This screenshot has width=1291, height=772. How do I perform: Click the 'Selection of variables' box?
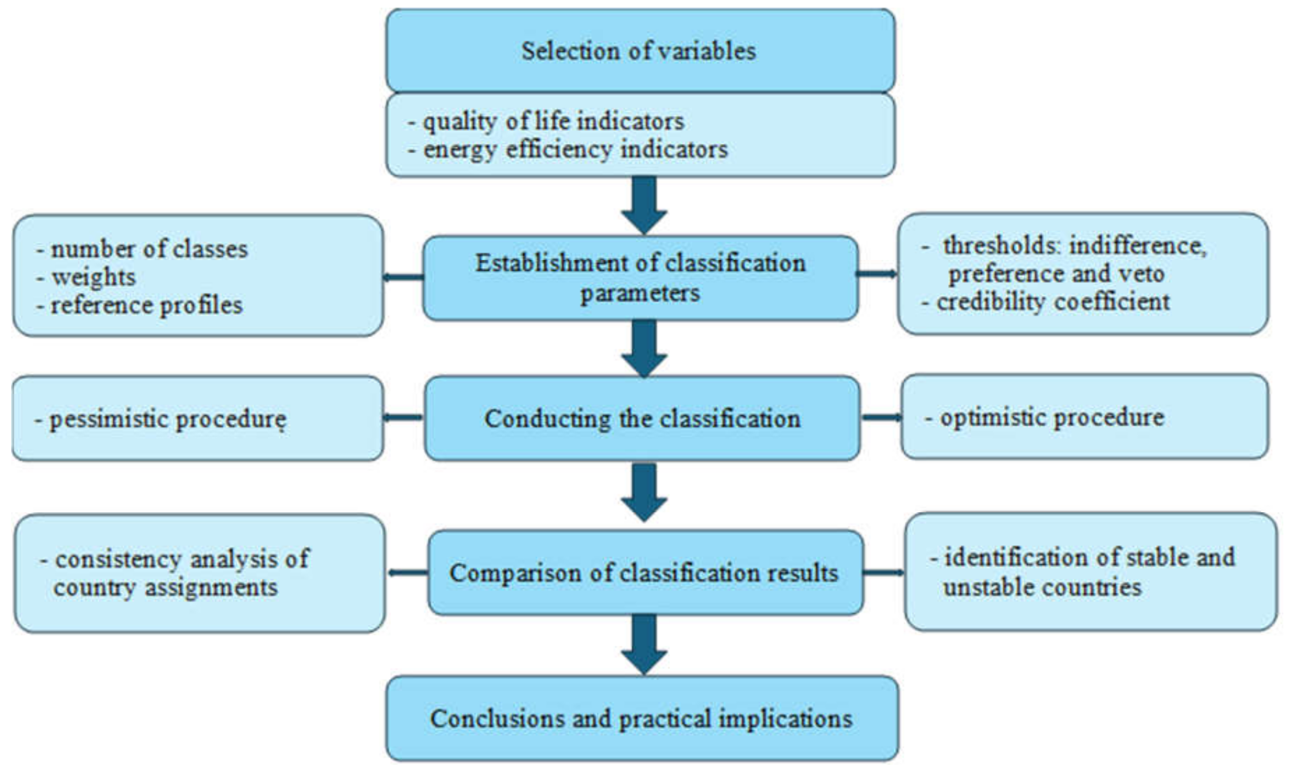[640, 51]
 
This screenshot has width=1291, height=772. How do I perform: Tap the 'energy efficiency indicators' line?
[575, 150]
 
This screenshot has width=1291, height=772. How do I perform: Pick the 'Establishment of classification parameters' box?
[640, 278]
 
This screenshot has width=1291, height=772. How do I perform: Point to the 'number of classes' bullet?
[149, 249]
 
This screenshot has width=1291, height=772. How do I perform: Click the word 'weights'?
[94, 277]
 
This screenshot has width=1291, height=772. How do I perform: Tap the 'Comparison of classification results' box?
[644, 573]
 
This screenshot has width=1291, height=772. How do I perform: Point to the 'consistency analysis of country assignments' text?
[174, 573]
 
